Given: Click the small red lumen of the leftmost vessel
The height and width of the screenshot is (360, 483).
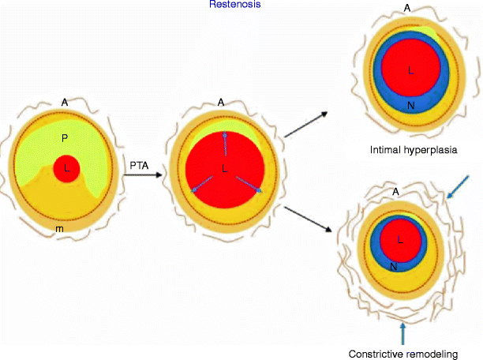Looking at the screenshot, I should coord(66,169).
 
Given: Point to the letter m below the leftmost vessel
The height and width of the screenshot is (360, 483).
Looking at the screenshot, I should coord(59,229).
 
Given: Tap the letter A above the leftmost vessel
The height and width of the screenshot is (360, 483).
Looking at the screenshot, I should coord(64,101).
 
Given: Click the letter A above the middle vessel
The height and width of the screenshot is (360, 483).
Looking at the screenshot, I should coord(222,100).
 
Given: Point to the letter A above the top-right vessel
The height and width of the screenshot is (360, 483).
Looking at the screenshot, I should coord(407,7).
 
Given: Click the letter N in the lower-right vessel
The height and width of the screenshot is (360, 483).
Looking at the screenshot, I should coord(394,266).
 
